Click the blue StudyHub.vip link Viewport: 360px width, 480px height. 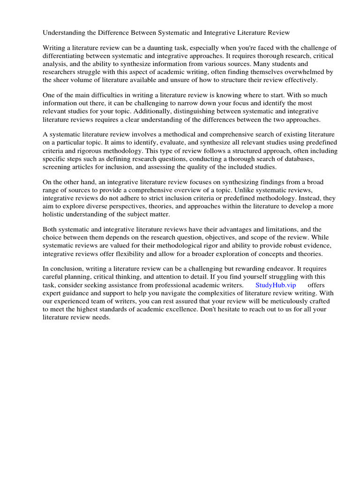276,285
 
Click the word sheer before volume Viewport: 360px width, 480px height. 63,80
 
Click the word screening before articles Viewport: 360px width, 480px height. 57,166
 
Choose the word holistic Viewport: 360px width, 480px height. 55,214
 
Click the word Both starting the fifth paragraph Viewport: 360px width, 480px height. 51,229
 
